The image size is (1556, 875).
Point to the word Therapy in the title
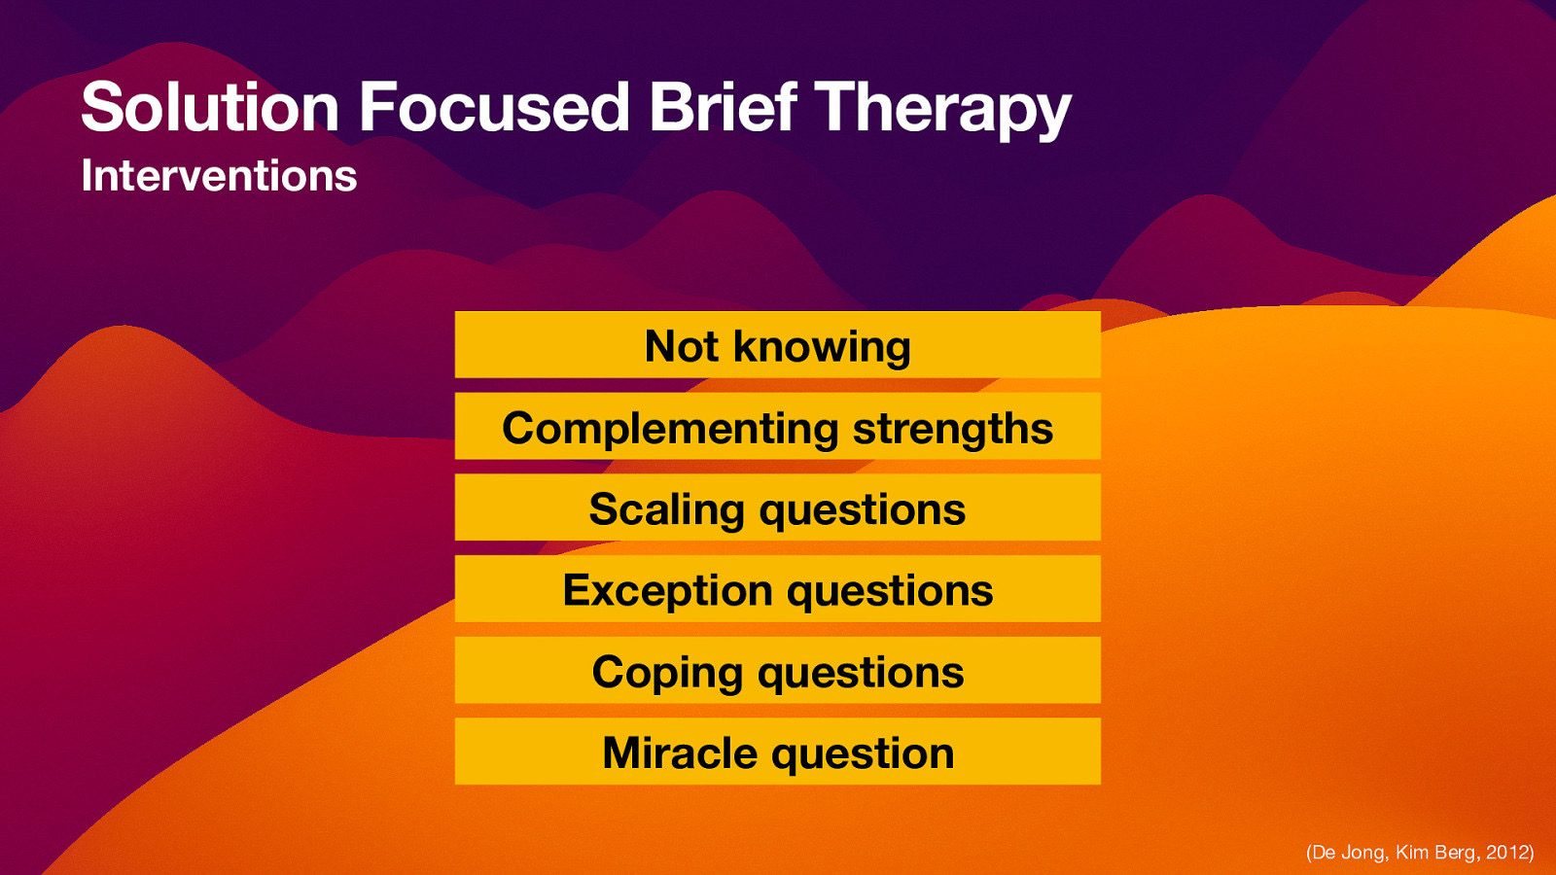click(941, 109)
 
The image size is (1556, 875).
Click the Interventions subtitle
click(219, 176)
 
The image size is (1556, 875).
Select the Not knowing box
click(777, 345)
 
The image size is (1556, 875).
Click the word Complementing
click(669, 429)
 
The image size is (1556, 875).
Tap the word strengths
click(952, 429)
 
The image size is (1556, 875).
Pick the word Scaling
click(666, 510)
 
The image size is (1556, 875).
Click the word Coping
click(667, 673)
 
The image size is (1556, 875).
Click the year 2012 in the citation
click(1506, 853)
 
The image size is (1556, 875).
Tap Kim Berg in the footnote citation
click(1434, 853)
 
